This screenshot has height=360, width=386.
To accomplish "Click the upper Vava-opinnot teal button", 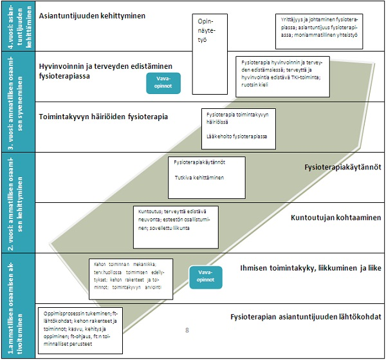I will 163,82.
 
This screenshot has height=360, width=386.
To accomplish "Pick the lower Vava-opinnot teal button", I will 205,276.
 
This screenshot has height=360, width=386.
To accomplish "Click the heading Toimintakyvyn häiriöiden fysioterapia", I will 104,117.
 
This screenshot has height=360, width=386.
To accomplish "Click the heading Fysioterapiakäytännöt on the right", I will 342,167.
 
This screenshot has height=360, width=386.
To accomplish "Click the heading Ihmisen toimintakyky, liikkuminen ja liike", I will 310,267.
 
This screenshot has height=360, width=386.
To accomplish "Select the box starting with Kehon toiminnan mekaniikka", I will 131,278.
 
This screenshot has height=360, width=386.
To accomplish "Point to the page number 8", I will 187,330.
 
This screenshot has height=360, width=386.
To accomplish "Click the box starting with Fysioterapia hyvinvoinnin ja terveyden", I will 283,71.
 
